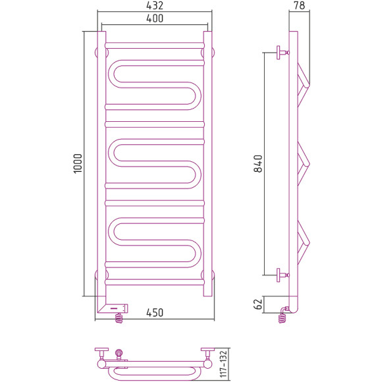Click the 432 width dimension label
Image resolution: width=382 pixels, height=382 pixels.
pos(155,5)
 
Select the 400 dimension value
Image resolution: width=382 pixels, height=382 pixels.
pos(155,19)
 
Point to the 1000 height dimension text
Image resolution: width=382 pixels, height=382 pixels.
pos(77,163)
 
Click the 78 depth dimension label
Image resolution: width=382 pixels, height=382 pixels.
pos(298,6)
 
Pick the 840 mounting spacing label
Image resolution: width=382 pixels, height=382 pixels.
pos(258,163)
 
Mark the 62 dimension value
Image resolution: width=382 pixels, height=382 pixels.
pos(258,304)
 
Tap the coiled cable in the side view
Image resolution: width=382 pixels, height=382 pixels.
pos(284,318)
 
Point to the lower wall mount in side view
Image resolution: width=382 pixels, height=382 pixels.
pos(283,273)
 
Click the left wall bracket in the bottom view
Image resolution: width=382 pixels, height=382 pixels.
pos(102,354)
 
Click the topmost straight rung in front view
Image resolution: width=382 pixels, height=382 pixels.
pos(155,45)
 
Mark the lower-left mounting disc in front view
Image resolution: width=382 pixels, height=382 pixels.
pos(99,274)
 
